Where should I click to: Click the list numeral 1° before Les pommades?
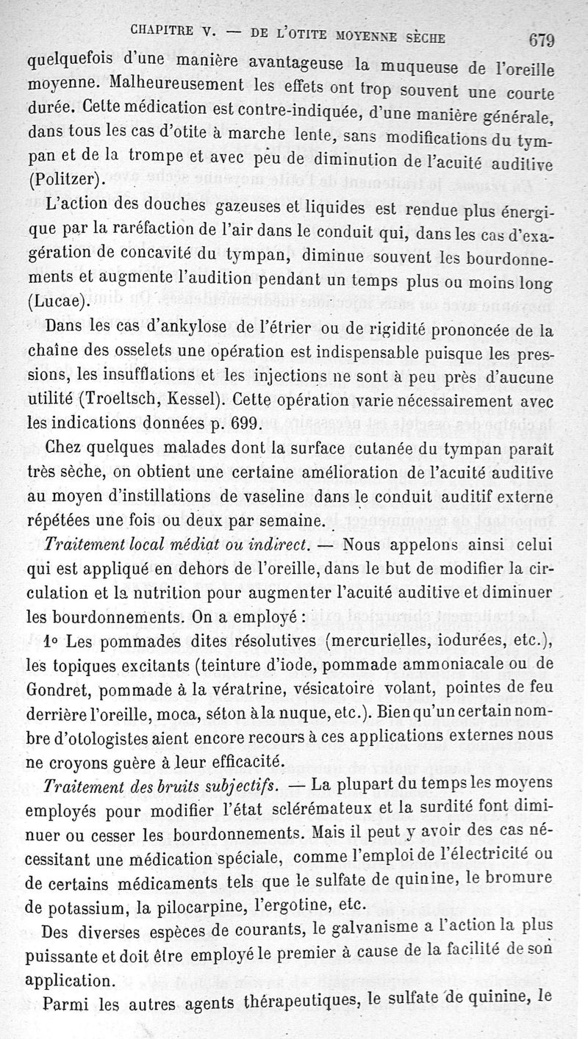(x=51, y=640)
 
